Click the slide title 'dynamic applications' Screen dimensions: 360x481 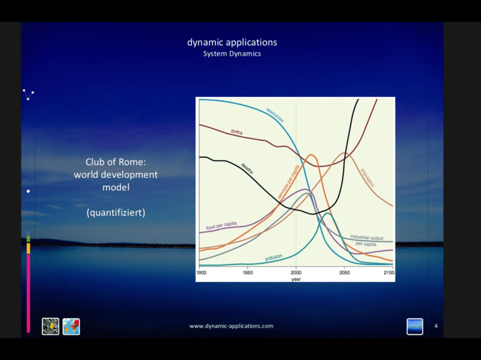pos(232,42)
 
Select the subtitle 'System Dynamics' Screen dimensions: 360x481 pos(232,54)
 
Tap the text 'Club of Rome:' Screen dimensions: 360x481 pos(116,162)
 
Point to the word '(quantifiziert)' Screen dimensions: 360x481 pos(116,213)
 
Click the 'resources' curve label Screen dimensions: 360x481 pos(275,115)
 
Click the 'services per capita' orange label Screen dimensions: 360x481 pos(289,183)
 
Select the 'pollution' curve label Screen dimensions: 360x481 pos(273,258)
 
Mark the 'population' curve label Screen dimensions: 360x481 pos(367,177)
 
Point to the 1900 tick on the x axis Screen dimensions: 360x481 pos(201,273)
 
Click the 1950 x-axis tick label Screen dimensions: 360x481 pos(248,273)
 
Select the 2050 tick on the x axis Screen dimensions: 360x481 pos(344,273)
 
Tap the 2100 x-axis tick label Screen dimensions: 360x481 pos(389,273)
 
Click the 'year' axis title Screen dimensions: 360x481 pos(296,278)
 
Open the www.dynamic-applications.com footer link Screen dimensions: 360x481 pos(232,326)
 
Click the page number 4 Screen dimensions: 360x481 pos(435,326)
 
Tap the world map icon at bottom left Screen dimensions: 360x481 pos(71,326)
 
